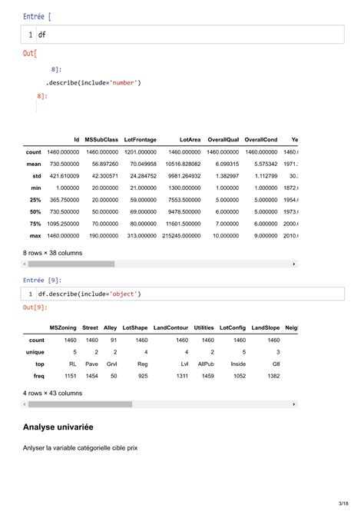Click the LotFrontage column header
click(x=140, y=139)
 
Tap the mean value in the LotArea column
click(x=182, y=164)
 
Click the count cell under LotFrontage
click(x=140, y=152)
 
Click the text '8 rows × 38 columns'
click(x=55, y=251)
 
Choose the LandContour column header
click(x=170, y=327)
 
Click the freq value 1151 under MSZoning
click(x=70, y=376)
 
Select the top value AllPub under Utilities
click(x=205, y=364)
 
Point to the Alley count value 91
click(x=113, y=340)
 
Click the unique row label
click(x=35, y=352)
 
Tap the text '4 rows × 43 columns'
click(x=55, y=392)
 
